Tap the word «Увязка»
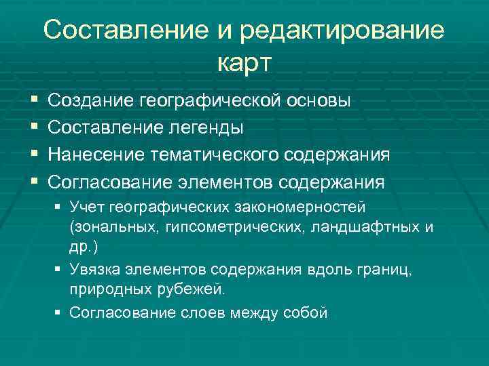tap(94, 270)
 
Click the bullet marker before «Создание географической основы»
tap(35, 101)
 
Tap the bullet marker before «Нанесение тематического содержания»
tap(35, 155)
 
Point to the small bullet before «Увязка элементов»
tap(59, 270)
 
